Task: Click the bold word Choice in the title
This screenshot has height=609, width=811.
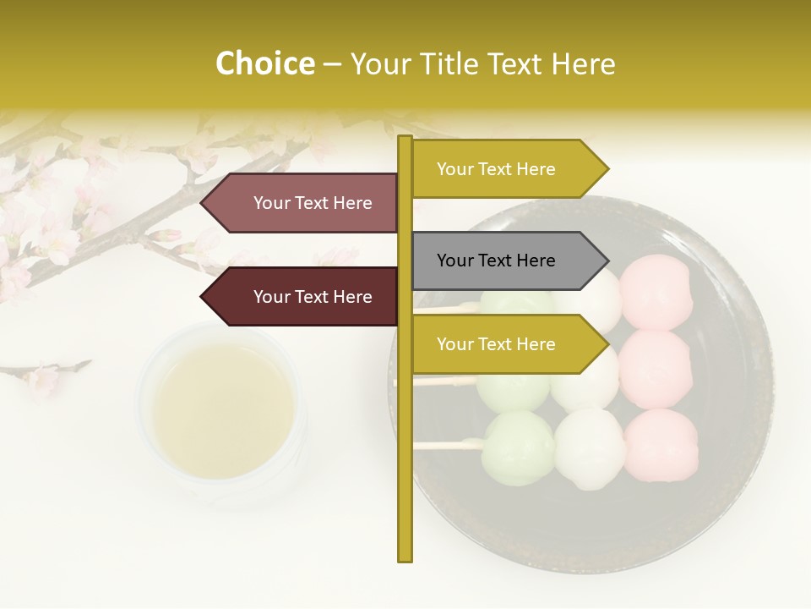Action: (264, 64)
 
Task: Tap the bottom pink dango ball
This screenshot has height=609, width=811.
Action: (661, 442)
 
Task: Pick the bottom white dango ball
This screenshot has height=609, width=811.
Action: (589, 448)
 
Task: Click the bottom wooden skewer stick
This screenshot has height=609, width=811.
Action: (448, 443)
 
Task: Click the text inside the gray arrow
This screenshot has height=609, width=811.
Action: (496, 261)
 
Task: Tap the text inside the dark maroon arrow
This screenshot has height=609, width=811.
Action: (313, 297)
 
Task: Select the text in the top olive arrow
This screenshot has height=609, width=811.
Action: (496, 169)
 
